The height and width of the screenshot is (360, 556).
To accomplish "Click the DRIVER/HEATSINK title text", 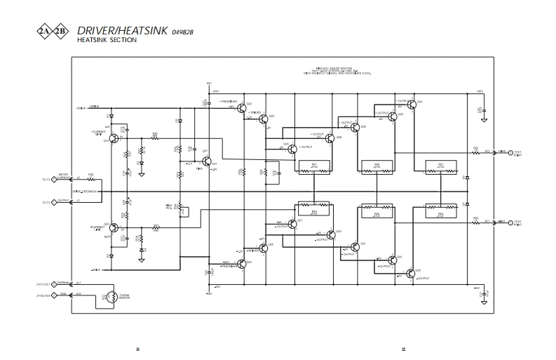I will point(122,31).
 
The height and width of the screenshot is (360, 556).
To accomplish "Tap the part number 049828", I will point(182,32).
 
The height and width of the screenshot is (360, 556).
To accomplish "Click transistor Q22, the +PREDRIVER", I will point(241,107).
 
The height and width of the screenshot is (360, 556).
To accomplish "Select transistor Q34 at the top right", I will point(412,105).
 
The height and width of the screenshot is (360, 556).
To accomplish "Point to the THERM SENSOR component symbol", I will point(109,297).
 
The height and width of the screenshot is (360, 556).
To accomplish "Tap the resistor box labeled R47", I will point(313,166).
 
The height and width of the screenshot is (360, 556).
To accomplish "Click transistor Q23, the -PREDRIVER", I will point(241,263).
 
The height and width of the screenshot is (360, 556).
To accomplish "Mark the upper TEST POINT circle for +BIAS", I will point(510,152).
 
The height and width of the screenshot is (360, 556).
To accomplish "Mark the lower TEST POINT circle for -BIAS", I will point(510,222).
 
